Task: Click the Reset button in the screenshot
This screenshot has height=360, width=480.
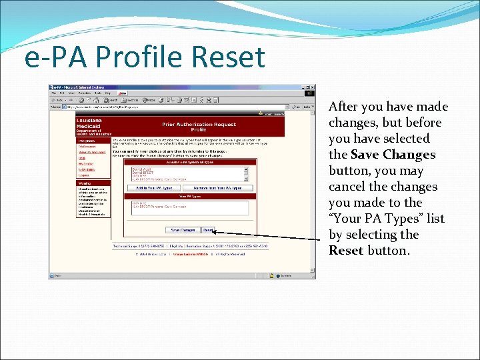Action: [x=208, y=231]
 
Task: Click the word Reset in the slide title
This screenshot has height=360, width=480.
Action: [x=228, y=57]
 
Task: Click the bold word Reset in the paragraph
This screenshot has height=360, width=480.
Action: [x=345, y=251]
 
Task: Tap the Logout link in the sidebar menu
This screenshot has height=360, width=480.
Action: [x=85, y=175]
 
